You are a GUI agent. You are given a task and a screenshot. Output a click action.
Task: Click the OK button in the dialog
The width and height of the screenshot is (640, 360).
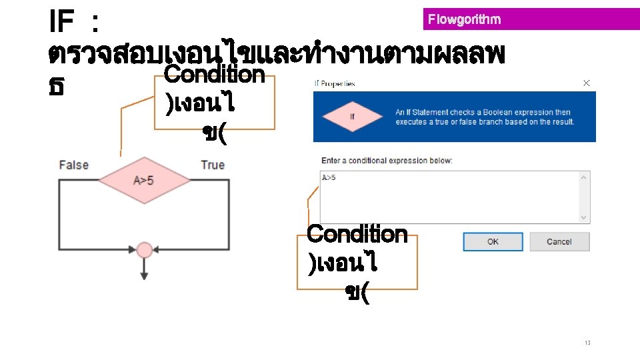(x=493, y=241)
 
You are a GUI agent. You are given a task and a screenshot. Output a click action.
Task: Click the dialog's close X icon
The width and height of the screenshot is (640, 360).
(x=587, y=83)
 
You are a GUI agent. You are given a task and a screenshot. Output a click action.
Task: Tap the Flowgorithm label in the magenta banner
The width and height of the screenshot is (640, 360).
(x=464, y=19)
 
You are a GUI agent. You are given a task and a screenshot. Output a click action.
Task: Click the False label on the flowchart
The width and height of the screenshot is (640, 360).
(x=73, y=165)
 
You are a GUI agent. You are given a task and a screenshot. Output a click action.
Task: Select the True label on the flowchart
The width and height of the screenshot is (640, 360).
(x=213, y=165)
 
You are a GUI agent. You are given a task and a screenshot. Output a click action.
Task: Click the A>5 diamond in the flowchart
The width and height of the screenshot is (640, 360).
(x=144, y=180)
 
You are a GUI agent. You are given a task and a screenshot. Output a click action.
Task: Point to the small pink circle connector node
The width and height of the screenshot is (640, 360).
(x=144, y=250)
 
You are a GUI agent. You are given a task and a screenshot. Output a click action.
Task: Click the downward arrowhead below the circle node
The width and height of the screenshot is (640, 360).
(x=144, y=274)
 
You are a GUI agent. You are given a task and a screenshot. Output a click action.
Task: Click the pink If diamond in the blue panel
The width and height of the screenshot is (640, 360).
(x=353, y=117)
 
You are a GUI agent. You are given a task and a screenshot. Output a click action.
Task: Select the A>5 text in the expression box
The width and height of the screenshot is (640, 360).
(x=329, y=177)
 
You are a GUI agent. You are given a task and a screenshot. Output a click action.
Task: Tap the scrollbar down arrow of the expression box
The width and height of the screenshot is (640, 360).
(x=585, y=217)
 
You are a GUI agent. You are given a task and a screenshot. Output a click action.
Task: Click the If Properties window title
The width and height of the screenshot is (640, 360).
(x=335, y=84)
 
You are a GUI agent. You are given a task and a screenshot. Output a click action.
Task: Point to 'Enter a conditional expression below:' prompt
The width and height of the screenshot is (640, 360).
(x=387, y=161)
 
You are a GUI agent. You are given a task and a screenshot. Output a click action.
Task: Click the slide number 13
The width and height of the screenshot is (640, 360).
(x=587, y=343)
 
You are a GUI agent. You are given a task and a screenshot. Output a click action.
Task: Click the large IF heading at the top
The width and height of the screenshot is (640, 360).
(x=61, y=23)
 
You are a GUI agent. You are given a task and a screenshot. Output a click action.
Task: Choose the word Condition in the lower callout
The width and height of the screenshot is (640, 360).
(x=357, y=234)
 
